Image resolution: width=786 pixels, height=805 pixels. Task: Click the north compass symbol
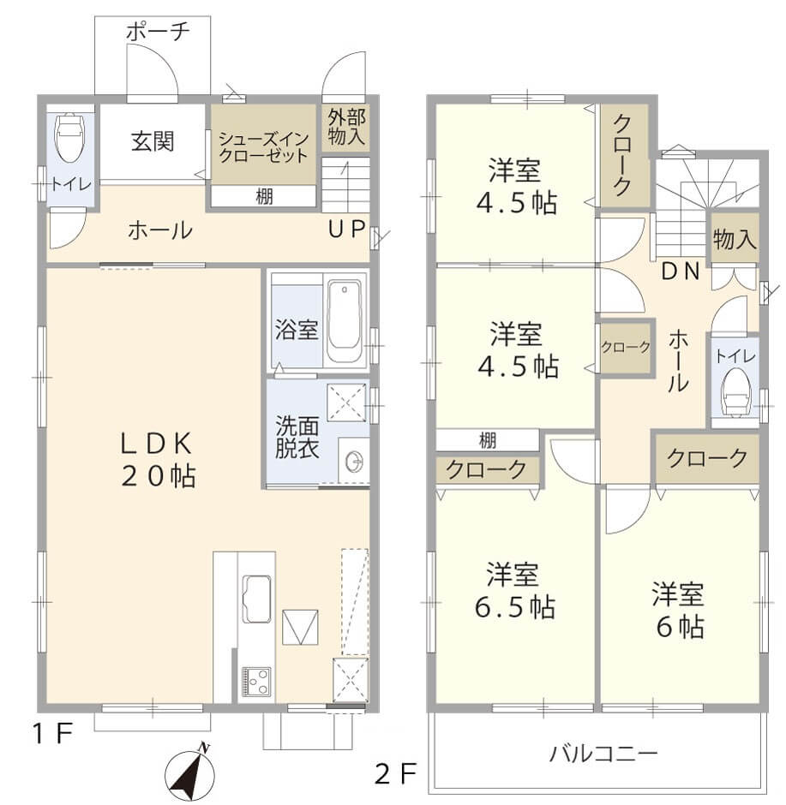[189, 772]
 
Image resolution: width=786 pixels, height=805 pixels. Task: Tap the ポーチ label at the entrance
[157, 32]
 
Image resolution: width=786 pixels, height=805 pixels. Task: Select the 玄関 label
[153, 141]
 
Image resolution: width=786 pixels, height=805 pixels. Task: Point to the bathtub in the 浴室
[345, 319]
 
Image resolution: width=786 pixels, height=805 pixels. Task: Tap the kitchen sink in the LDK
[256, 599]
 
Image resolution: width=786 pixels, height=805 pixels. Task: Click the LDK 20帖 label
[158, 460]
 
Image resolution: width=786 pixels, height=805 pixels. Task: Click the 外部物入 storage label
[346, 127]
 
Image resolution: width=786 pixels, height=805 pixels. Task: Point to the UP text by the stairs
[346, 229]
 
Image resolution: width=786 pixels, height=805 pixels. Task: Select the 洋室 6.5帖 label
[514, 590]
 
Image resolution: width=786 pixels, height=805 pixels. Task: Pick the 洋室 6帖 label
[679, 610]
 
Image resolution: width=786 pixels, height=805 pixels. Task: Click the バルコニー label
[603, 754]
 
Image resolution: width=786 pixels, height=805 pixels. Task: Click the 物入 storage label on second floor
[735, 240]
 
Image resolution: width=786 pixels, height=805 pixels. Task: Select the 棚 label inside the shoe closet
[265, 196]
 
